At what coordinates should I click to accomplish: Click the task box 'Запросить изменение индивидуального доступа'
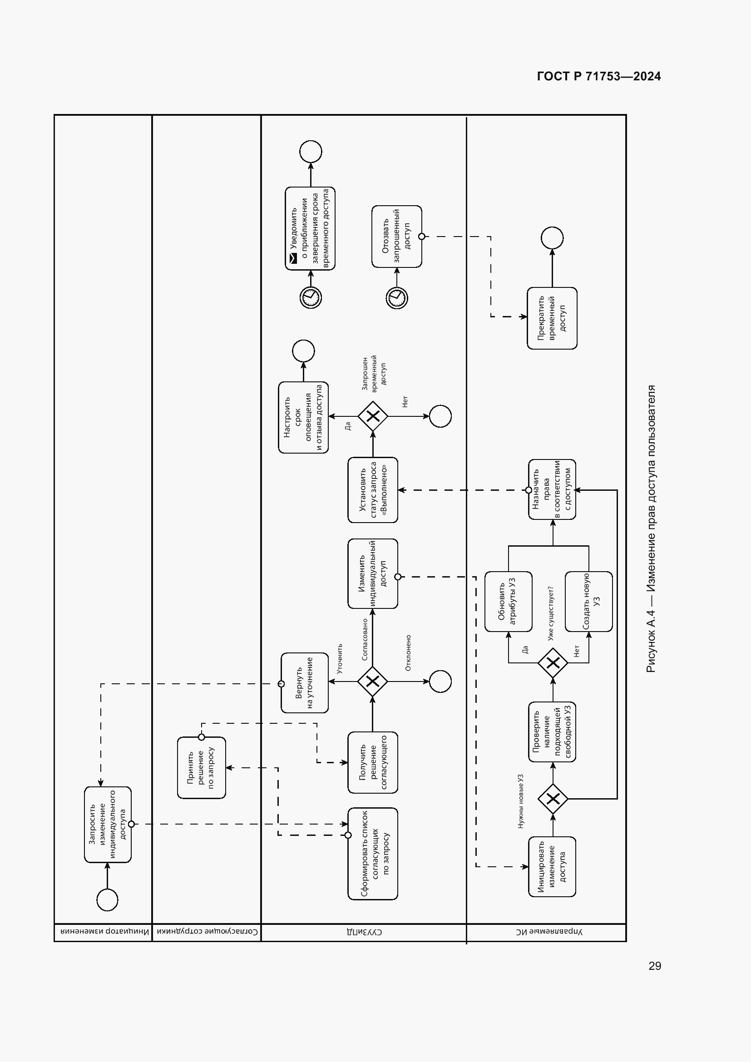[108, 824]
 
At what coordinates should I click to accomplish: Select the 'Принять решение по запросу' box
[202, 767]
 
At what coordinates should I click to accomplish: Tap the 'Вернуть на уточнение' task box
[305, 683]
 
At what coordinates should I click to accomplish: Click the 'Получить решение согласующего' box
[373, 762]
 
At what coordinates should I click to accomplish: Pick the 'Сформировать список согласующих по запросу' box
[373, 854]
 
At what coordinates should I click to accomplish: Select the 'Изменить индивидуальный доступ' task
[373, 573]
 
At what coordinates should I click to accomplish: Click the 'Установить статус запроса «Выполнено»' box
[373, 490]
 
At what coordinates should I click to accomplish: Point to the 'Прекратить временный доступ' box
[552, 318]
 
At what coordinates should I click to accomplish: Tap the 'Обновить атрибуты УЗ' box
[508, 601]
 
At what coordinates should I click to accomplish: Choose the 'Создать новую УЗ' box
[589, 601]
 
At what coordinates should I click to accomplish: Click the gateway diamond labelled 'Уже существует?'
[553, 663]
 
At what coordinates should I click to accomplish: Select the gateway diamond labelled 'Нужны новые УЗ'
[553, 798]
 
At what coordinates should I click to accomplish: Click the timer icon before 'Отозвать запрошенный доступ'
[397, 298]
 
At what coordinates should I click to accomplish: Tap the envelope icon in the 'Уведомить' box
[293, 259]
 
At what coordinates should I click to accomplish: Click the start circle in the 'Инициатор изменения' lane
[107, 899]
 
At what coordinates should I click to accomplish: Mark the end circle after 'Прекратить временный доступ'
[552, 238]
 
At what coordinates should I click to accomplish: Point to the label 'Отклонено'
[408, 652]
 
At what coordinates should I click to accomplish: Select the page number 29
[655, 965]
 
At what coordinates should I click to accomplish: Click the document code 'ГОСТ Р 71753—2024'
[599, 76]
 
